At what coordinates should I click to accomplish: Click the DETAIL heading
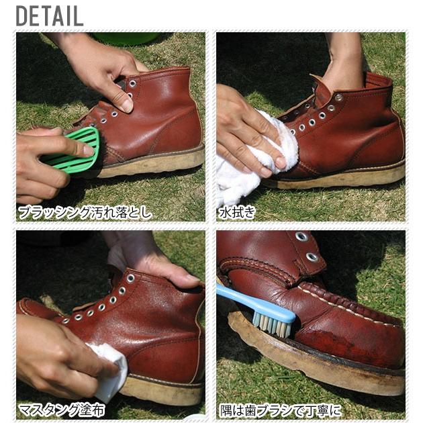point(50,16)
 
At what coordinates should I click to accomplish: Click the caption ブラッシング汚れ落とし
point(84,212)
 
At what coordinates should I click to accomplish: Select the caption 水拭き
point(236,212)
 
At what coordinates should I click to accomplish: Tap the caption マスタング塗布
point(62,411)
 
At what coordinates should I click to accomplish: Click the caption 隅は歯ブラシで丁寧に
point(281,411)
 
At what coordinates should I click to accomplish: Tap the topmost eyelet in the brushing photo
point(132,84)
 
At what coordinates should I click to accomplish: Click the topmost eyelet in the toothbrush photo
point(301,236)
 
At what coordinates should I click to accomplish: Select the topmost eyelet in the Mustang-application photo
point(130,279)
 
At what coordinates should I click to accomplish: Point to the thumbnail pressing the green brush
point(89,150)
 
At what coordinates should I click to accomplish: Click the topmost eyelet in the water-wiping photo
point(338,97)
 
